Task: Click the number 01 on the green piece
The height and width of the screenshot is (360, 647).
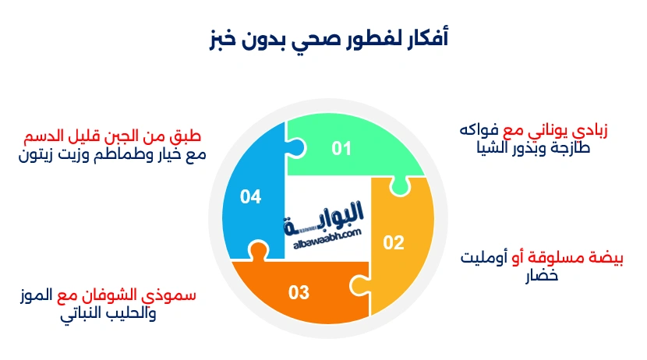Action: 341,148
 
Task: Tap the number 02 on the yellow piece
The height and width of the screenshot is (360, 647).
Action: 394,242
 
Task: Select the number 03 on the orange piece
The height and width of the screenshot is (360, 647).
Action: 299,293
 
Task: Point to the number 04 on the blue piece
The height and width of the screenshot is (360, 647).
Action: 250,198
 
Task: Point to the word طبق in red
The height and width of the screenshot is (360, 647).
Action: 191,137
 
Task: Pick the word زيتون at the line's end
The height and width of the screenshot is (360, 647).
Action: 37,154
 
